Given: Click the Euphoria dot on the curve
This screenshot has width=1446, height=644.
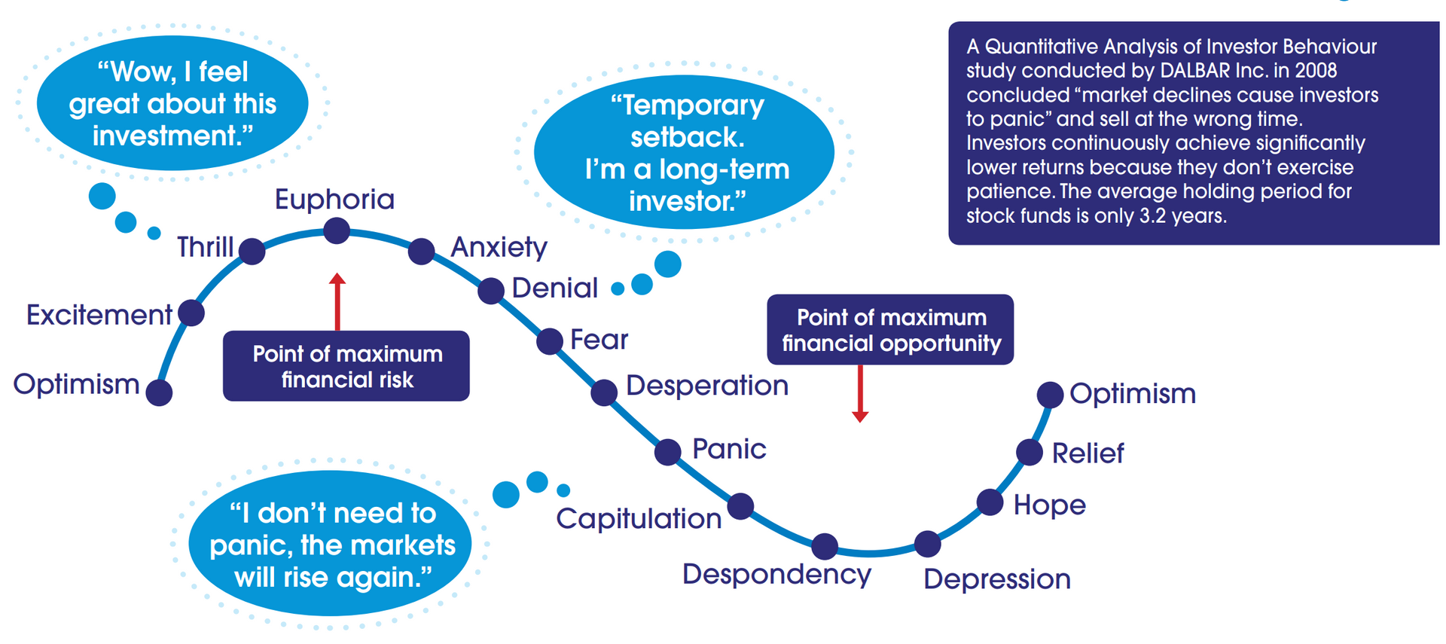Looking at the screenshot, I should click(337, 230).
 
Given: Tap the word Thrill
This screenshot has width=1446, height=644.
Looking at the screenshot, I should click(205, 247).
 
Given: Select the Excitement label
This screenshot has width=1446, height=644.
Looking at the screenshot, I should click(99, 315).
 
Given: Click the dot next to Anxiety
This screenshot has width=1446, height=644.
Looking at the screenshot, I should click(421, 251).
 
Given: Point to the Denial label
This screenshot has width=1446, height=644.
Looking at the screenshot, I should click(554, 288).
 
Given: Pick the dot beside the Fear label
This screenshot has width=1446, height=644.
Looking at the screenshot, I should click(550, 341).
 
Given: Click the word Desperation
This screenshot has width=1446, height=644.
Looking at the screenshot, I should click(706, 386).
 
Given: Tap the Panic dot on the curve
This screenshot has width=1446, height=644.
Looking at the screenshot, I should click(667, 452).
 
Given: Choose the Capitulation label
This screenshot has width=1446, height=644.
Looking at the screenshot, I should click(639, 519).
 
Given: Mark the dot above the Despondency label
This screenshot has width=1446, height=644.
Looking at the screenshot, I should click(825, 546).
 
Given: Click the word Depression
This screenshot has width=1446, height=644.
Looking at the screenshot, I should click(996, 579).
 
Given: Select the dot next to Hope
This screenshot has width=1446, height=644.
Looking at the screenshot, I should click(990, 502).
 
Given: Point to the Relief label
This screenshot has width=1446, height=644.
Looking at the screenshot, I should click(1087, 453).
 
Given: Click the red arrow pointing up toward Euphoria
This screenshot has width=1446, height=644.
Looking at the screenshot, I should click(337, 301).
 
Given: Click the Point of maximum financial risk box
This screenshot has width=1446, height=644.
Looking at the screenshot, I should click(346, 366).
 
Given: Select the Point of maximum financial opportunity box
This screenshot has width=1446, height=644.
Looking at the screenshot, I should click(890, 330).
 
